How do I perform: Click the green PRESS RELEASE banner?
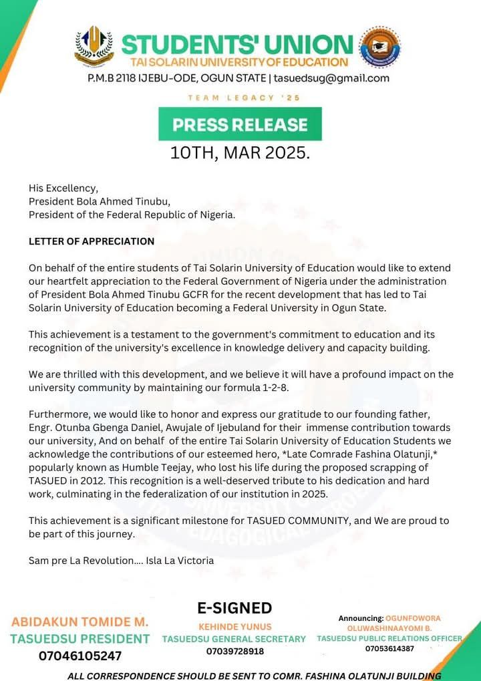240,124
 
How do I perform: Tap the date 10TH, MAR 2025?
240,153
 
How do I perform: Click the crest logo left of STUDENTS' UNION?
94,46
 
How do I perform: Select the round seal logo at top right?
379,47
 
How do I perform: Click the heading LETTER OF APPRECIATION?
92,241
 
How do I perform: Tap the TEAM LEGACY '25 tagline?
244,98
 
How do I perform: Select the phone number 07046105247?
80,656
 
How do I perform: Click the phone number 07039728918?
234,651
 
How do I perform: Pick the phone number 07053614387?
389,648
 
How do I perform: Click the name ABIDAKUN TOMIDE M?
80,622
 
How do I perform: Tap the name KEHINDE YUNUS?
234,628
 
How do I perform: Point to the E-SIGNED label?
234,608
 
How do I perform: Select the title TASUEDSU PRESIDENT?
80,639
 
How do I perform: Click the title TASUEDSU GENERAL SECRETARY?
234,640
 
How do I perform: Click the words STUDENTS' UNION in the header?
237,45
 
